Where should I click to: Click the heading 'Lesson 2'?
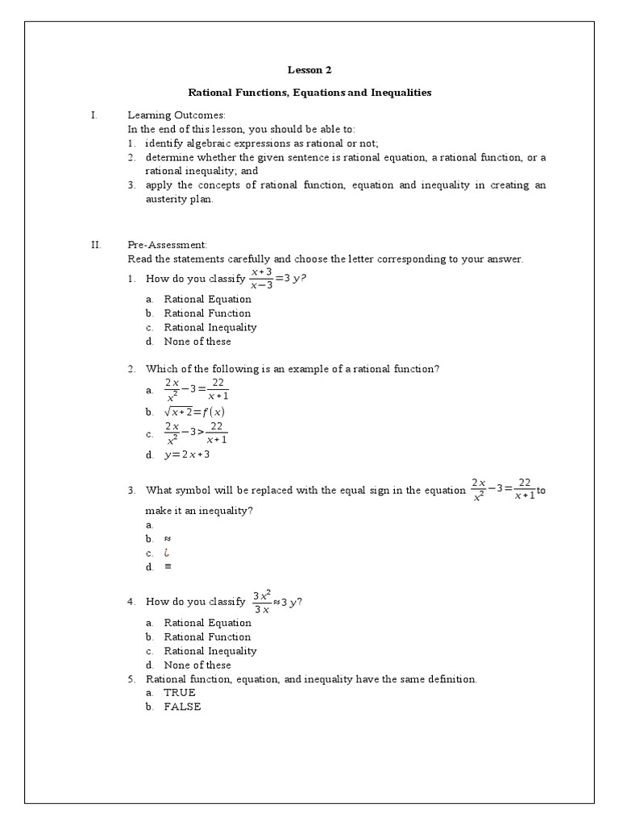click(309, 70)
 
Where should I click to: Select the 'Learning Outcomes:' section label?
click(177, 115)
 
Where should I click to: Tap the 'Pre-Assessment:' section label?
click(167, 244)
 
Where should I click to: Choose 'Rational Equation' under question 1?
click(207, 299)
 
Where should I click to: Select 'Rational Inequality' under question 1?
click(210, 327)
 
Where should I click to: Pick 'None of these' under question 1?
click(197, 342)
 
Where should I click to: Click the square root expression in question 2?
click(194, 412)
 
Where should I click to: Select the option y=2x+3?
click(187, 454)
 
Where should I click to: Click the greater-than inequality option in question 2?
click(196, 433)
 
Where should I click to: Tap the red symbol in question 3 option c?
click(167, 553)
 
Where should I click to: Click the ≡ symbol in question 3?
click(168, 566)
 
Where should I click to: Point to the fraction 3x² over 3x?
click(262, 602)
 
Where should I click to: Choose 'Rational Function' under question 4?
click(207, 636)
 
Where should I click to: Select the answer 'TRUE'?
click(180, 692)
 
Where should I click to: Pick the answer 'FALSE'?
click(182, 707)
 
